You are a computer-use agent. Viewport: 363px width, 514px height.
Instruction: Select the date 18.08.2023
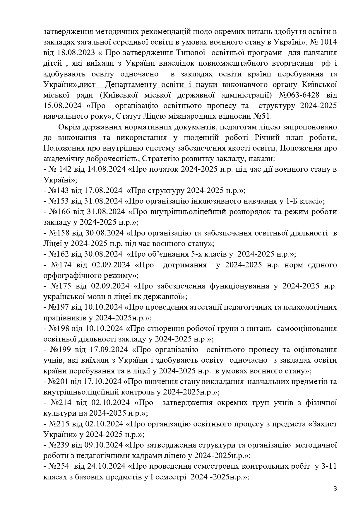[68, 53]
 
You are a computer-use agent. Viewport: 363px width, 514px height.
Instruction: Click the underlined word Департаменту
[130, 85]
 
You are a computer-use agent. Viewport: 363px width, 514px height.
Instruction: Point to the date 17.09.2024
[110, 350]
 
